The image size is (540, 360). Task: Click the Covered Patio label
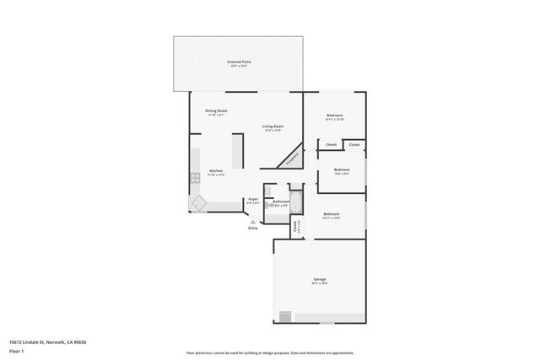(239, 63)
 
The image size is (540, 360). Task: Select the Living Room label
(272, 128)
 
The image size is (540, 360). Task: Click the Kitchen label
(204, 171)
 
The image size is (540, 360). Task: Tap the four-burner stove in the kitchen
(195, 177)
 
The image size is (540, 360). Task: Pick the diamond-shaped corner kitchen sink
(200, 202)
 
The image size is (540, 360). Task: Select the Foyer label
(253, 201)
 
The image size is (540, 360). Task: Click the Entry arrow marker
(252, 222)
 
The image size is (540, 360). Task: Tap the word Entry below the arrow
(252, 228)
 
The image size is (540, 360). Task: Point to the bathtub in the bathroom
(295, 202)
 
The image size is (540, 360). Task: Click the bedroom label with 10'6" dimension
(342, 171)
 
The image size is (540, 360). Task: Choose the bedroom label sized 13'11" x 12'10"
(334, 117)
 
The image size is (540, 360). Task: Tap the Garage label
(320, 280)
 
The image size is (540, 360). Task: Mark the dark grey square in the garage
(285, 316)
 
